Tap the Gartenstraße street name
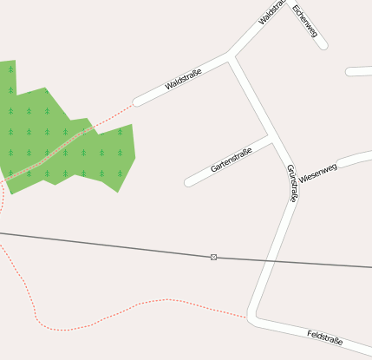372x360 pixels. (x=232, y=160)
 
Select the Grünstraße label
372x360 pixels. (x=292, y=183)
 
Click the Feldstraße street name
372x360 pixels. (x=324, y=337)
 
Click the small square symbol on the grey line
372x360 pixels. (x=213, y=257)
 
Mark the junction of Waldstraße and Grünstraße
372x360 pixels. (x=230, y=58)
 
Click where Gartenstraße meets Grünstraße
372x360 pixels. (x=273, y=138)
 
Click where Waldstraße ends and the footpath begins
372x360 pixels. (x=135, y=103)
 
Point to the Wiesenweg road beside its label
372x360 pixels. (x=351, y=160)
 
